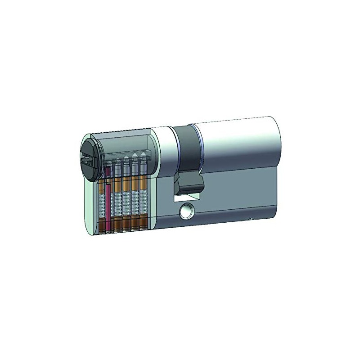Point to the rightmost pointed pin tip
(143, 156)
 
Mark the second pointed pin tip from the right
(135, 157)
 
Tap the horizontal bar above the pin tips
(128, 148)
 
